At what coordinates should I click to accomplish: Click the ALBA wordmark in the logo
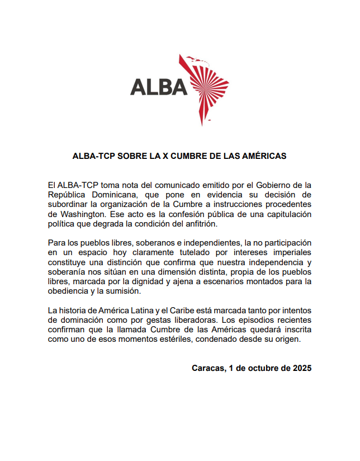159,87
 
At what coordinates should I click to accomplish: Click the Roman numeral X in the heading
165,157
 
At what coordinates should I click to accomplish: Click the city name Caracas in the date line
208,368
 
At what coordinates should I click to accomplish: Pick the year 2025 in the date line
300,368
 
